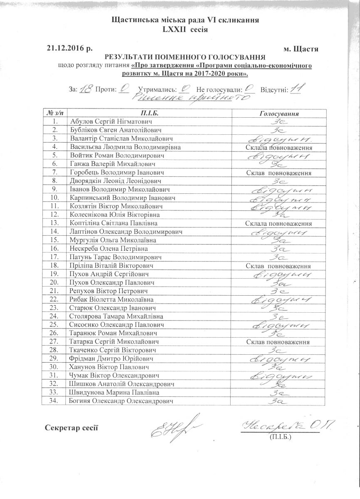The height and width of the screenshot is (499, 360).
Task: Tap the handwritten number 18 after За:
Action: click(x=85, y=89)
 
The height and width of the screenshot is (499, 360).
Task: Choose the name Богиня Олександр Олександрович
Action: click(x=121, y=401)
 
